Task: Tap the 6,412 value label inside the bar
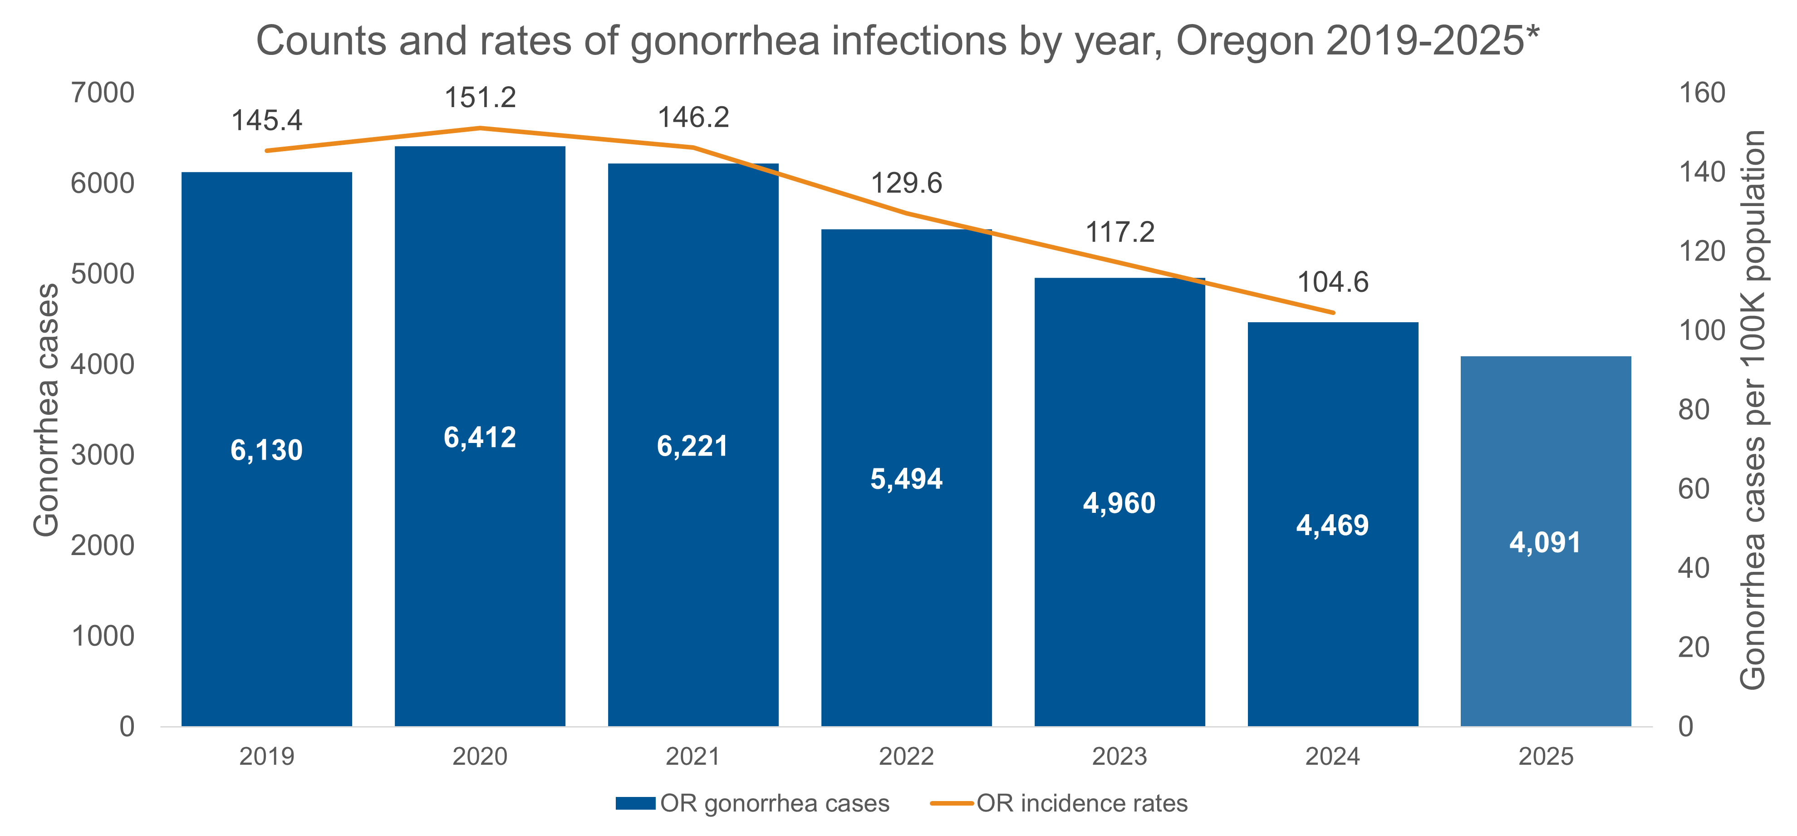click(x=480, y=438)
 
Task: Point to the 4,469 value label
click(x=1332, y=525)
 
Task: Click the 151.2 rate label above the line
click(x=480, y=98)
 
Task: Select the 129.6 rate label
click(x=906, y=183)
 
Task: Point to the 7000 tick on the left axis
click(x=103, y=93)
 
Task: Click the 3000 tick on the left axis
click(x=103, y=455)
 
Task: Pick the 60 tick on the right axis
click(x=1694, y=489)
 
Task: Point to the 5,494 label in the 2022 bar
click(x=906, y=479)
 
